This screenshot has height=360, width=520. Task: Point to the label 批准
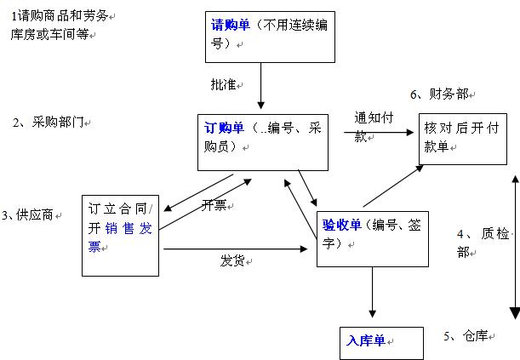(x=225, y=85)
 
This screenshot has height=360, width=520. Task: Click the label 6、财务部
(x=440, y=94)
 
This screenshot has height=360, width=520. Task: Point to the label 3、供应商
(x=29, y=215)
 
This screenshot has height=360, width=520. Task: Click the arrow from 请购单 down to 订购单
(x=260, y=89)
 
